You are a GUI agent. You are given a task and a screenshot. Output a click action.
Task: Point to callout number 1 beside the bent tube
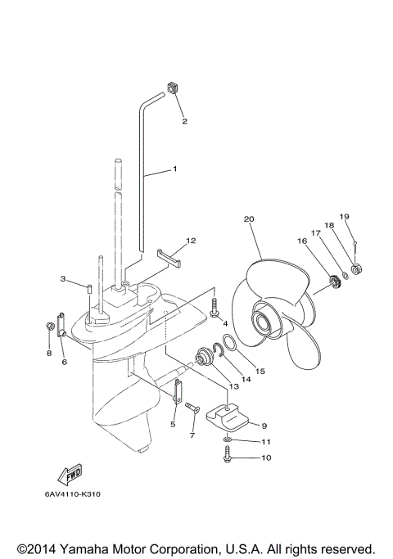174,169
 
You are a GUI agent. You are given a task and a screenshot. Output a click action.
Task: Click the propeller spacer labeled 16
333,282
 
